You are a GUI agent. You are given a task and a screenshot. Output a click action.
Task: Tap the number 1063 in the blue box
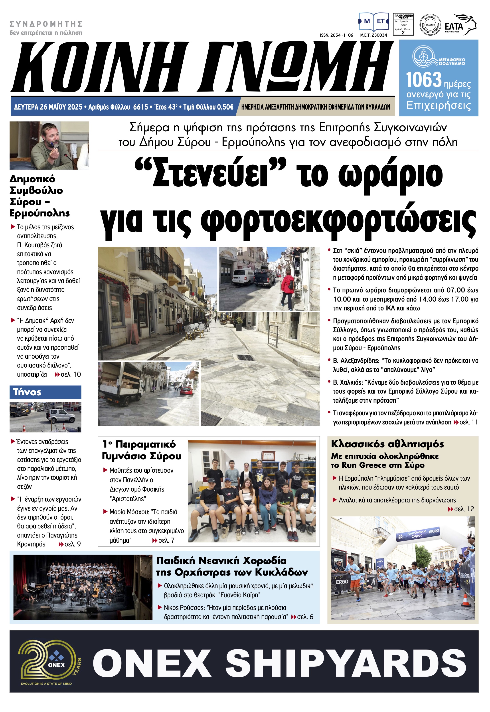pos(423,80)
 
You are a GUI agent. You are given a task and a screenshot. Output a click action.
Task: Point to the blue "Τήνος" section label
pos(27,392)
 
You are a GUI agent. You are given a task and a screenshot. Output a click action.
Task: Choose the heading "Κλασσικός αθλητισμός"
pos(387,444)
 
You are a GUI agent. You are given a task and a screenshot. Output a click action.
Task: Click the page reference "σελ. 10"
pos(71,374)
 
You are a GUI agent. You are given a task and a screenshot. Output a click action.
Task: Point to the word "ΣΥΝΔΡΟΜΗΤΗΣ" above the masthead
pos(46,24)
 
